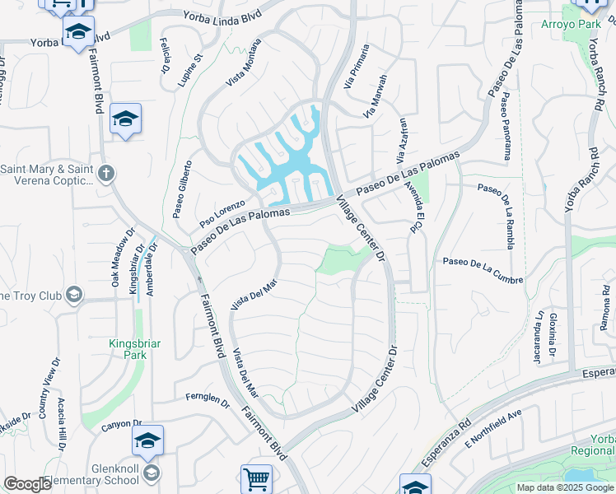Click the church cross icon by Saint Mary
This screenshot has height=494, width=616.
105,174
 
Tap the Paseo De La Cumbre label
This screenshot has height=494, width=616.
483,271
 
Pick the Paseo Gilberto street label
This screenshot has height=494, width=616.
183,189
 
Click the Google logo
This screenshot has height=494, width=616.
27,484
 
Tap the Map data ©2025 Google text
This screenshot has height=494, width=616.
564,487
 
